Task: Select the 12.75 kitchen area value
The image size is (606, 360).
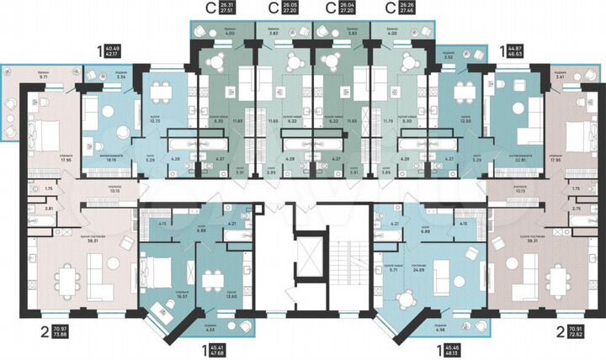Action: (x=153, y=120)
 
